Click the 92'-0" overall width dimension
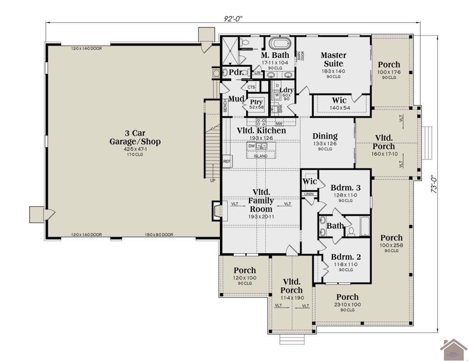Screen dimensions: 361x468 click(x=236, y=18)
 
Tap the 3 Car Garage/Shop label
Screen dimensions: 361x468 click(x=135, y=137)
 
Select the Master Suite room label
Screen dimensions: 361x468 click(x=333, y=59)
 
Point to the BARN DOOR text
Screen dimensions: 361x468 click(x=301, y=55)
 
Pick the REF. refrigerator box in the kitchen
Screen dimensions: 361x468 click(x=227, y=161)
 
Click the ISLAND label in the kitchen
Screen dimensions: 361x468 click(x=261, y=156)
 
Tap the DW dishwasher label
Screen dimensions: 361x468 click(x=252, y=146)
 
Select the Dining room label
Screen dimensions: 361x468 click(x=325, y=136)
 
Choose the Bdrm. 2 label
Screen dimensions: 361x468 click(x=346, y=257)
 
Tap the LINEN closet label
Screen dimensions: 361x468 click(x=309, y=194)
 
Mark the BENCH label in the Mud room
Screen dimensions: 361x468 click(x=225, y=105)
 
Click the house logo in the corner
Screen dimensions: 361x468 click(x=453, y=349)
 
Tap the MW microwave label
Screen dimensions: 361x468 click(x=279, y=123)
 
